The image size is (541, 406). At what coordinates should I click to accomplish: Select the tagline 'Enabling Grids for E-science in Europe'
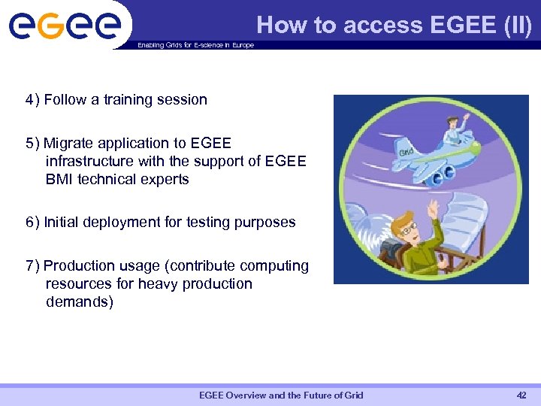[195, 45]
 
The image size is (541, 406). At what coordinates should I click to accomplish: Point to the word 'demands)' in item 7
[79, 302]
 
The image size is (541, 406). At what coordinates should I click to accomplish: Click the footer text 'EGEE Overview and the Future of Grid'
[281, 395]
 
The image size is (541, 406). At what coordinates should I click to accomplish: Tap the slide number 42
[521, 395]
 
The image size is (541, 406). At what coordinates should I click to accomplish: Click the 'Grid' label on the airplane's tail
[407, 153]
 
